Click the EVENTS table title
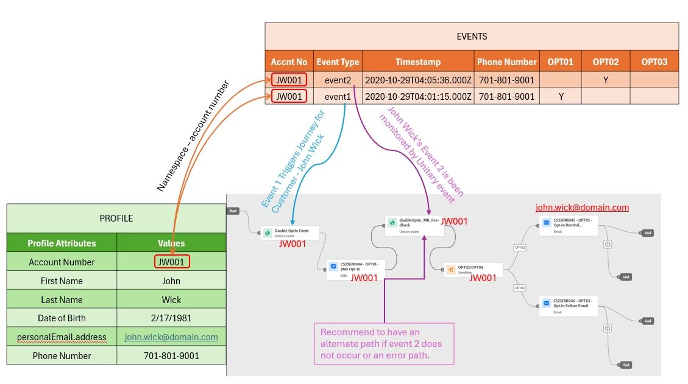click(x=472, y=37)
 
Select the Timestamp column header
click(x=417, y=62)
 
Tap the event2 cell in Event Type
click(x=338, y=80)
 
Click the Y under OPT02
click(x=605, y=80)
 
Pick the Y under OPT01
click(x=561, y=97)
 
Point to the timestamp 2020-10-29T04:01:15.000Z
click(x=417, y=97)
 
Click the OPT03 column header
click(x=654, y=62)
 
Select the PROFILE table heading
click(x=116, y=218)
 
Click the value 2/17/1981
click(x=171, y=318)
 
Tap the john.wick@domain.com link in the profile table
click(x=171, y=337)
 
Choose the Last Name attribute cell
click(x=62, y=300)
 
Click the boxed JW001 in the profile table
click(x=171, y=262)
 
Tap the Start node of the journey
click(x=233, y=211)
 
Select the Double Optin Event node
click(x=290, y=232)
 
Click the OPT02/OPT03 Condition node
click(x=473, y=270)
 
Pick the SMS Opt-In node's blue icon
click(x=333, y=267)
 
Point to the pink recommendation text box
click(x=384, y=344)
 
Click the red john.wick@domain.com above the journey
click(x=582, y=208)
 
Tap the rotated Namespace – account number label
click(x=193, y=136)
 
